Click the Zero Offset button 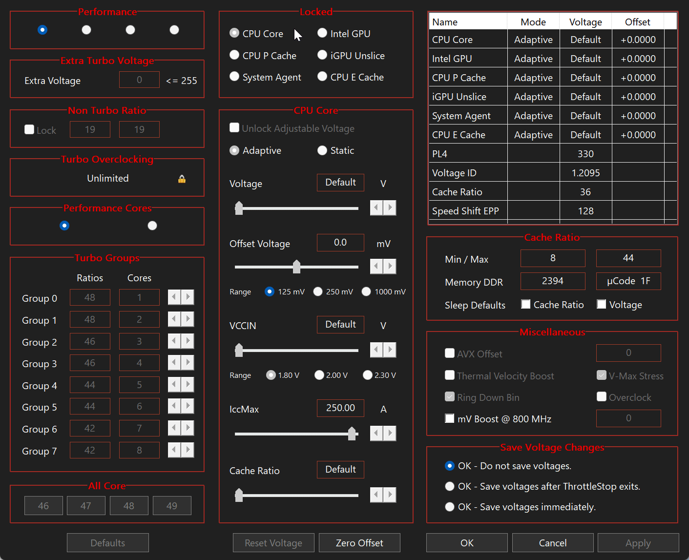359,543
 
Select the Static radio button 322,150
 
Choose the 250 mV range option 318,291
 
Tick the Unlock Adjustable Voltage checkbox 234,128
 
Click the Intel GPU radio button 322,33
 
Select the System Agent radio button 234,77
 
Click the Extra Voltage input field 139,80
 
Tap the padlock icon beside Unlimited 182,179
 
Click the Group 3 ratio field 90,363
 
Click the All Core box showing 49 172,506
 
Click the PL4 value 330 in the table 585,154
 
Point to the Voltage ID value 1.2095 585,173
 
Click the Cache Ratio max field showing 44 628,258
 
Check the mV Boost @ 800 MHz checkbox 450,418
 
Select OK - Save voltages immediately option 450,507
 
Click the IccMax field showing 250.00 340,408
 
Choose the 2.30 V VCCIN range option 368,375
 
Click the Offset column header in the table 637,22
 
